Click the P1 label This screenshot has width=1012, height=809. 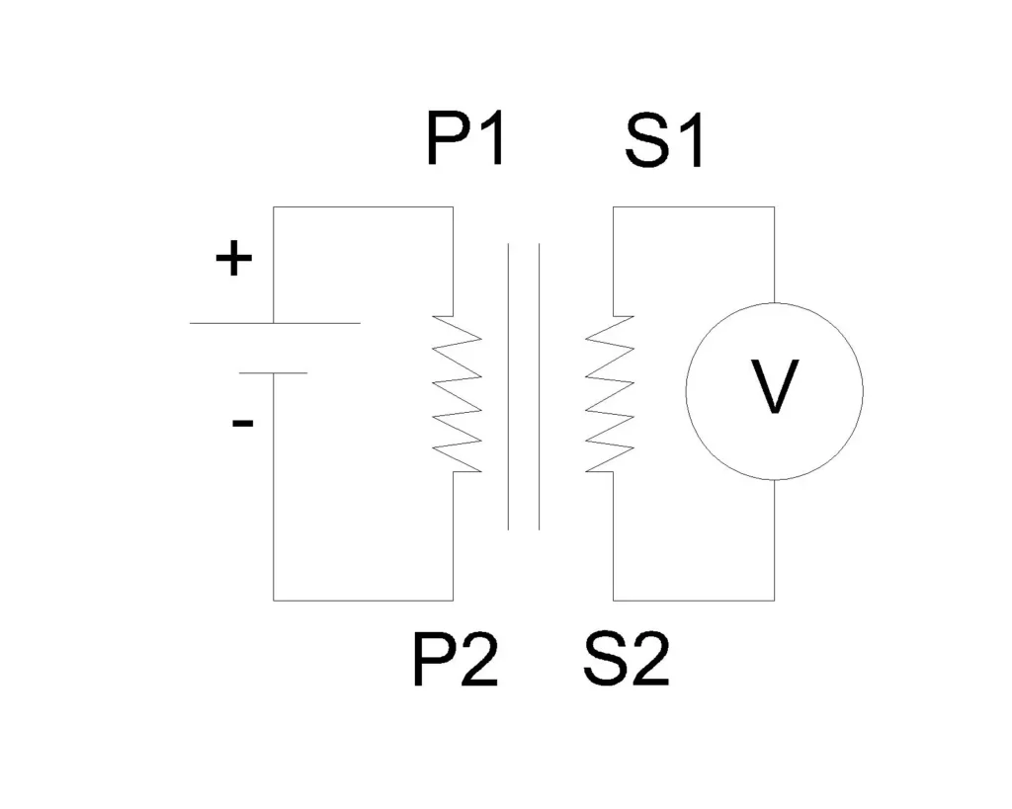(x=465, y=140)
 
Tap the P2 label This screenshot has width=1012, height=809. (x=455, y=662)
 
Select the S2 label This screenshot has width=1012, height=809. (x=626, y=662)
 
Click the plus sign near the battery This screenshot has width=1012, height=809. (x=234, y=261)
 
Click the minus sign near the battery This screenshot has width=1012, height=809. (x=242, y=424)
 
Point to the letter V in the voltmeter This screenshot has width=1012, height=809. (x=774, y=387)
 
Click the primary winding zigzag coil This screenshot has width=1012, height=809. (x=458, y=393)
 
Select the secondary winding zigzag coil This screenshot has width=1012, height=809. (x=610, y=393)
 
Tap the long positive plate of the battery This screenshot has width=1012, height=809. (x=275, y=323)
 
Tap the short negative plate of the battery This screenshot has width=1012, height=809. (x=273, y=372)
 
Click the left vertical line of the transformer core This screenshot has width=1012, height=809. (x=509, y=385)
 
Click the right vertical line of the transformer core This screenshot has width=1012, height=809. (x=540, y=385)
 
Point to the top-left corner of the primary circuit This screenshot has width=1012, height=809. (x=274, y=207)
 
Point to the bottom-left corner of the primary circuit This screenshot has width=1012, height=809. (x=274, y=600)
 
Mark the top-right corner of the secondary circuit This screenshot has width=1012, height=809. (x=774, y=207)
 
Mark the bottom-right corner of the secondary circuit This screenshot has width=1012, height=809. (x=774, y=600)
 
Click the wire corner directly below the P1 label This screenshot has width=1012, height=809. (x=454, y=207)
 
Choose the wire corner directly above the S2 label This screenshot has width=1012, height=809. (x=613, y=600)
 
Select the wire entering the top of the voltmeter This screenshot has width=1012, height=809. (x=774, y=257)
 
